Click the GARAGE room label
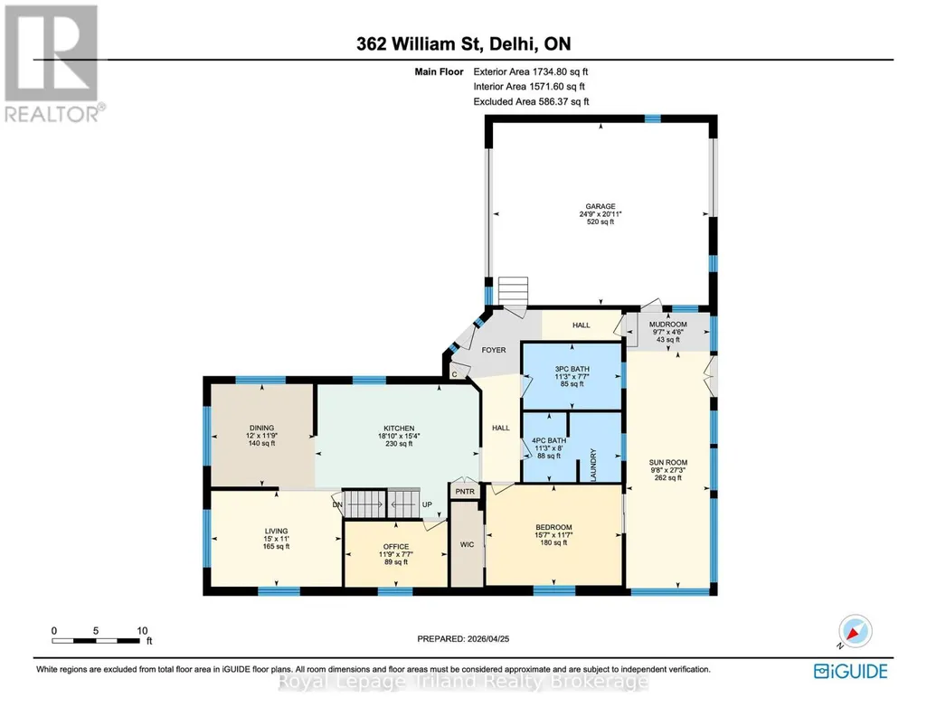click(601, 207)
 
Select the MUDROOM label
click(668, 325)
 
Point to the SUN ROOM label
click(668, 463)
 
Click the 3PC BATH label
click(572, 369)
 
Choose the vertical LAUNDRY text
click(593, 465)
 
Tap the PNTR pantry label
click(465, 492)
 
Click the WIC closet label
click(467, 544)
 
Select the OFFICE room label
click(396, 547)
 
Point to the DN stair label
click(337, 504)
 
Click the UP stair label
click(427, 504)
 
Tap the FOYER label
click(494, 350)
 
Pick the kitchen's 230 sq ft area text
click(399, 444)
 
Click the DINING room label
click(262, 428)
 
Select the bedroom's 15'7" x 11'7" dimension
click(554, 534)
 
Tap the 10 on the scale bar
click(143, 630)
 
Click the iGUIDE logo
click(851, 671)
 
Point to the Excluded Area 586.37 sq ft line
click(531, 101)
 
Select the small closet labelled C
click(455, 374)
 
